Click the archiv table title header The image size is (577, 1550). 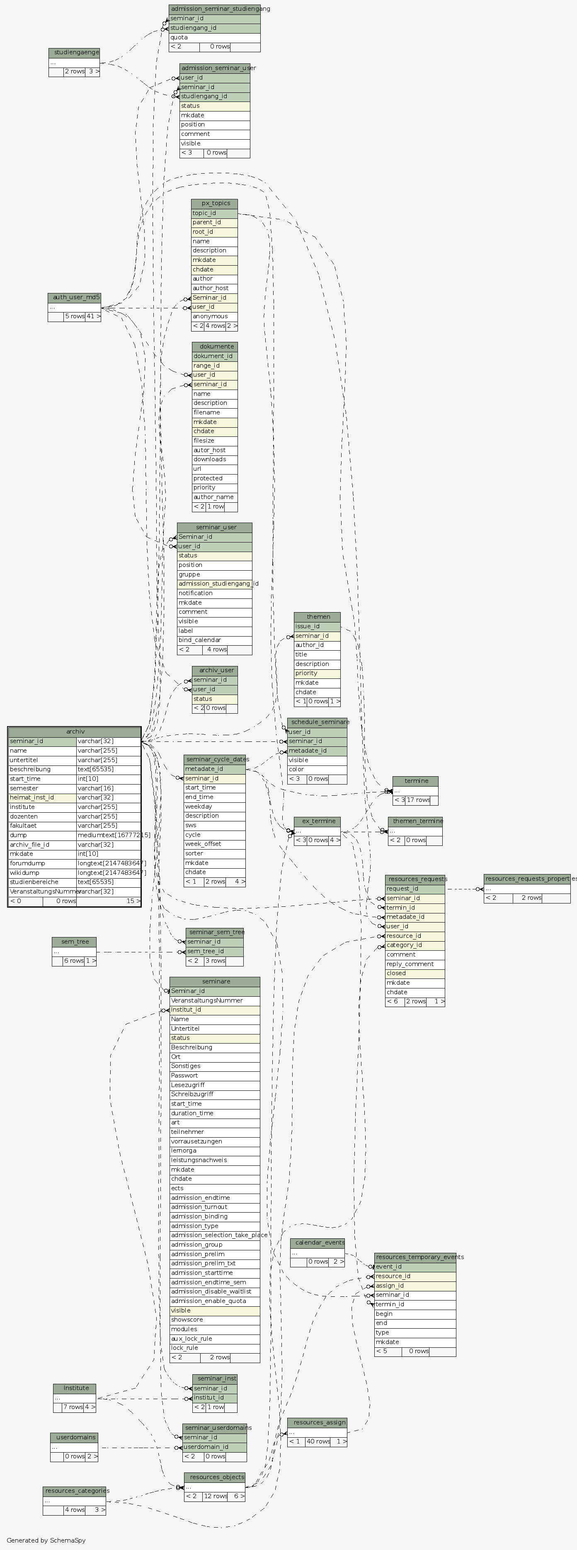(x=75, y=731)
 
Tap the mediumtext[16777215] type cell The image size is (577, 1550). (x=108, y=835)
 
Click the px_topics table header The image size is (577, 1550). (x=214, y=203)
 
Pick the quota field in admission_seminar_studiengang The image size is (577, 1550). (x=214, y=37)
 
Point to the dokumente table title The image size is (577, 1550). (x=215, y=346)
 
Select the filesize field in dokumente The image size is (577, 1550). (x=215, y=441)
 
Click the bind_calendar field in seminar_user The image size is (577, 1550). (x=214, y=639)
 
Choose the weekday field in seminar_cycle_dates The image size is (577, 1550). (x=214, y=806)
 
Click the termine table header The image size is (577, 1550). (x=415, y=781)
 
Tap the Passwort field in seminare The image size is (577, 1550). (x=214, y=1075)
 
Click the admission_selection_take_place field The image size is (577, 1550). (x=215, y=1235)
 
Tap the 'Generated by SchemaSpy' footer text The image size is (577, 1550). (x=46, y=1540)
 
